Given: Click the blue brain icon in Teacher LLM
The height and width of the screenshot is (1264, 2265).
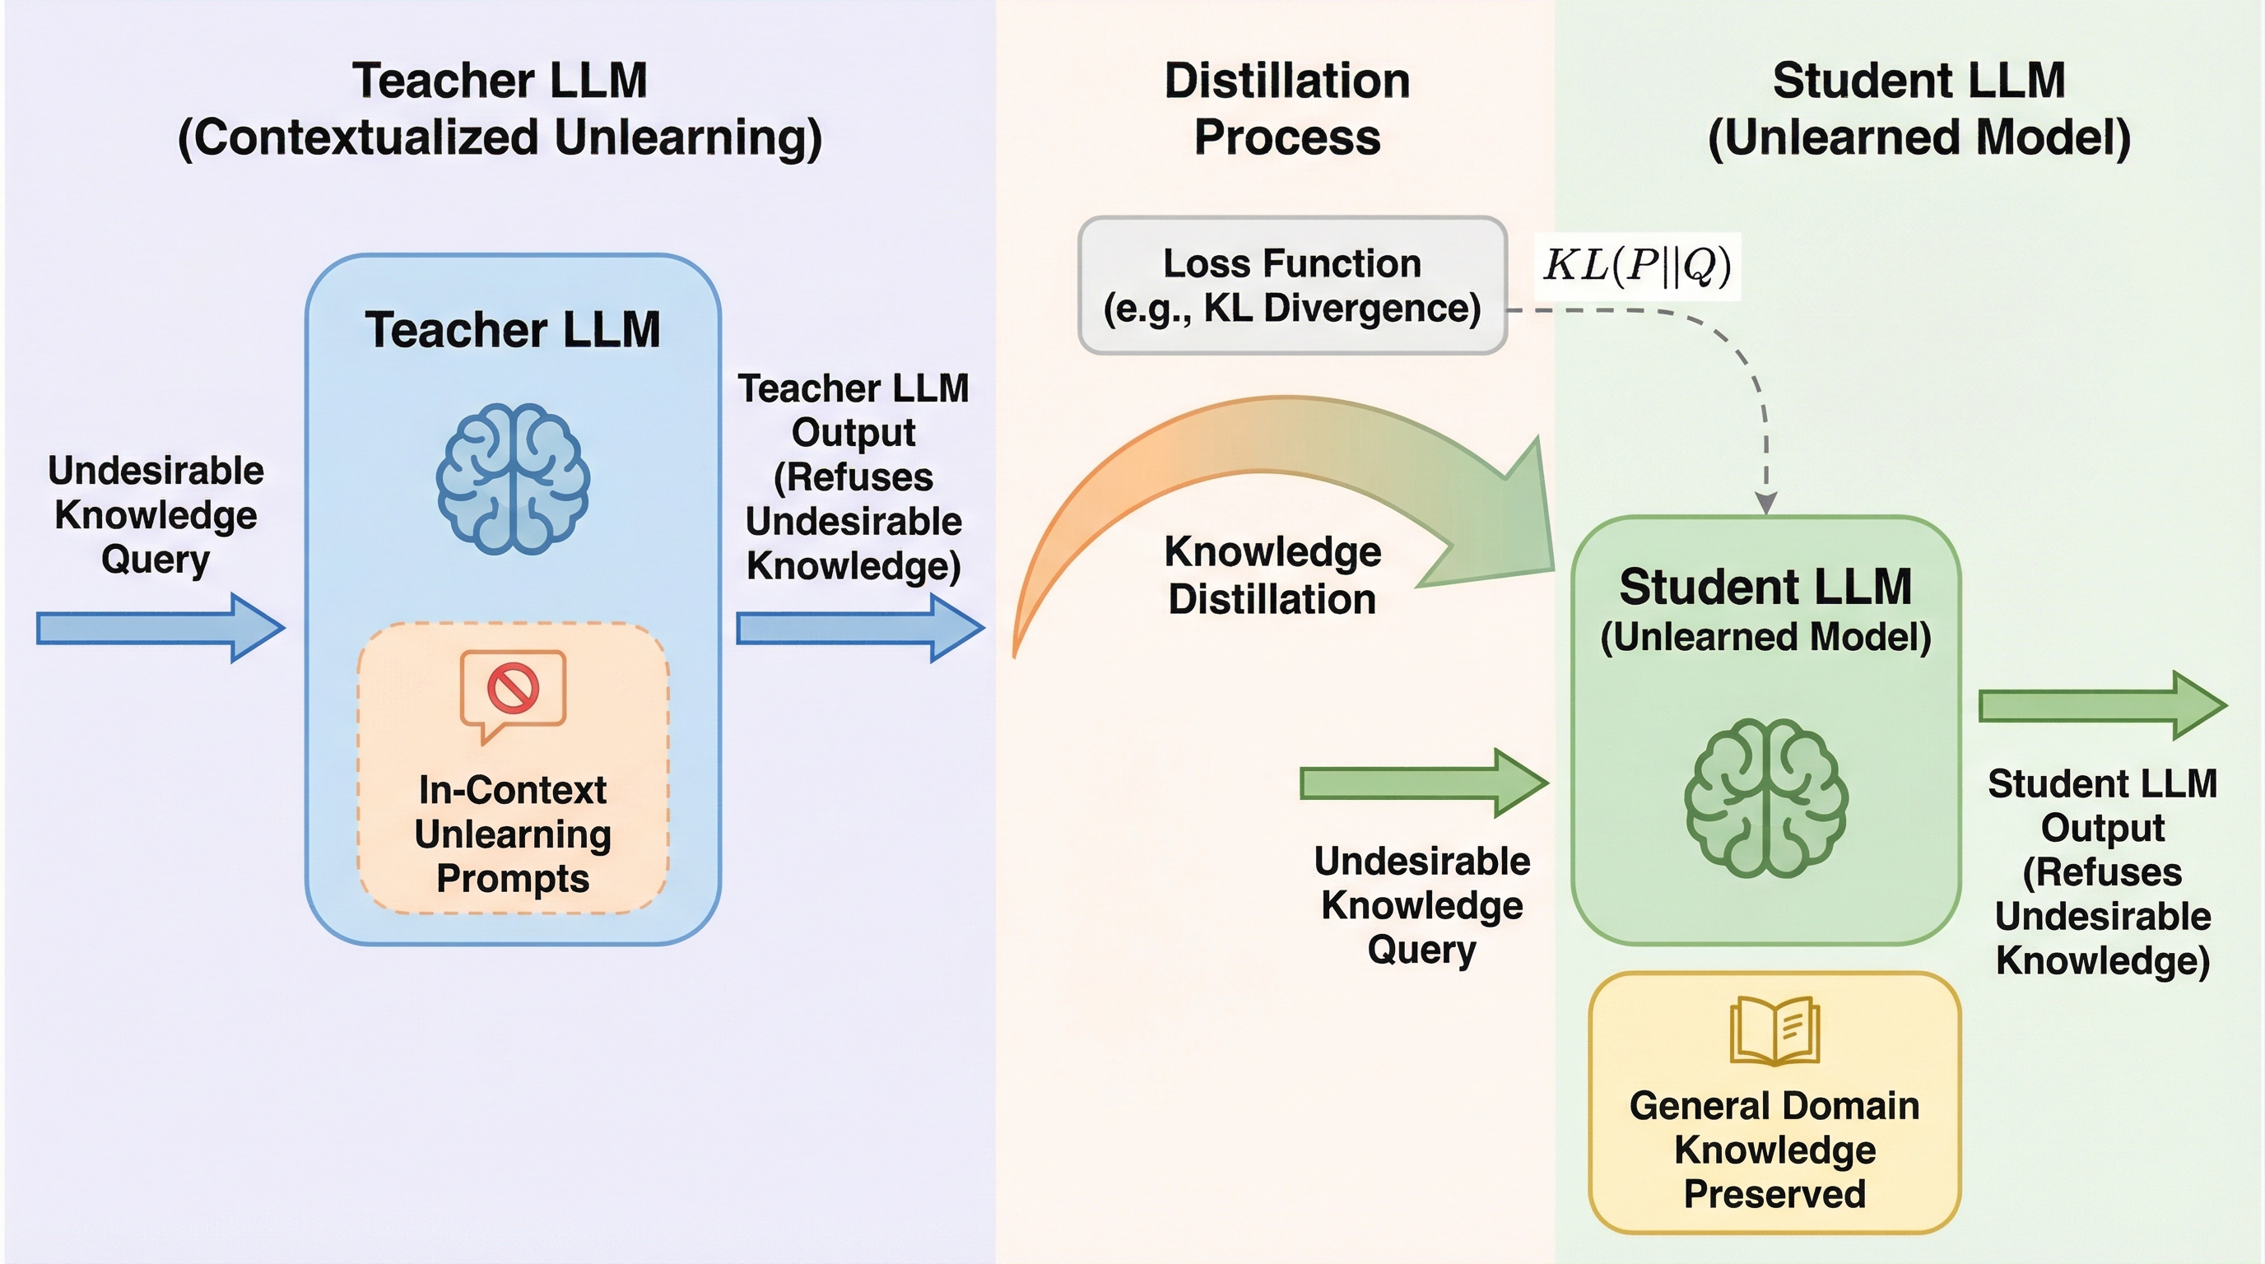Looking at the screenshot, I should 513,479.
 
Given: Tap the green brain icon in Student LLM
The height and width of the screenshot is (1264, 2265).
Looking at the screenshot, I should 1765,797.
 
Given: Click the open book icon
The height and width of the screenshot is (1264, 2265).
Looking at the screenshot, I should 1774,1030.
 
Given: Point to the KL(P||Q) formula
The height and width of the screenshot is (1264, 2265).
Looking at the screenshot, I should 1637,265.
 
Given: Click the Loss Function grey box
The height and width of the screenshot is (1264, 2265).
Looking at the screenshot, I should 1291,286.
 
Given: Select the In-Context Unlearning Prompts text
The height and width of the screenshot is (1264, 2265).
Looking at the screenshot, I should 513,834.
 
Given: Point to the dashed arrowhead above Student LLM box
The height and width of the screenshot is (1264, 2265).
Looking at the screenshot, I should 1765,503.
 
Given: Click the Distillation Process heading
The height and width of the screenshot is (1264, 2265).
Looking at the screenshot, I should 1287,109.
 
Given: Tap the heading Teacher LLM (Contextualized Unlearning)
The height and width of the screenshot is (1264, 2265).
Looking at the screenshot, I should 500,109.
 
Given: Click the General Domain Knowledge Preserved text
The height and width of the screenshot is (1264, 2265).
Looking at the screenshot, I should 1774,1149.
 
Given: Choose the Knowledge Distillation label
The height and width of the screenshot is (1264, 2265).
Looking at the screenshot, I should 1272,576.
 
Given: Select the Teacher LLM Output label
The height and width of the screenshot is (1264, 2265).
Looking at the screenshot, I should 853,476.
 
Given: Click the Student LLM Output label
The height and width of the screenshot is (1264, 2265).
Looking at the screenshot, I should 2102,871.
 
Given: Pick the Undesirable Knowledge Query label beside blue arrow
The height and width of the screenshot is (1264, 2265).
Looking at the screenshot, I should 156,515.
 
